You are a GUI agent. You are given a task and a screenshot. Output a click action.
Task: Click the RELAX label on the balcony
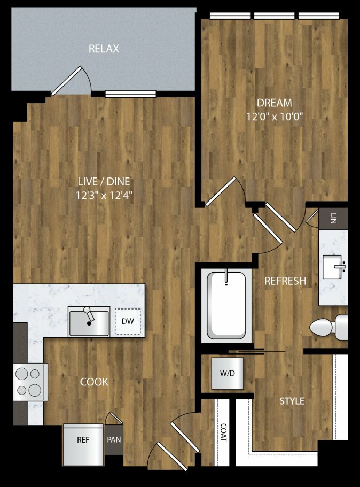(x=104, y=49)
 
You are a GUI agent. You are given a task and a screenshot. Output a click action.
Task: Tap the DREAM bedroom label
(x=275, y=103)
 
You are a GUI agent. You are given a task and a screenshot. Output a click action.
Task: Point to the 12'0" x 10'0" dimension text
(x=275, y=117)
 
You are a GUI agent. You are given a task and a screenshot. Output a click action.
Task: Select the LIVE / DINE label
(x=104, y=181)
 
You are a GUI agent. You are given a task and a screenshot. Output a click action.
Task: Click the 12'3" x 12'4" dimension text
(x=104, y=195)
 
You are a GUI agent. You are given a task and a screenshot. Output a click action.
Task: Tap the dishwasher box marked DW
(x=128, y=321)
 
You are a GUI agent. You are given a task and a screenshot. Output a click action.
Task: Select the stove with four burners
(x=30, y=382)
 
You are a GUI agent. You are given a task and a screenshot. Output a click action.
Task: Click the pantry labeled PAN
(x=114, y=440)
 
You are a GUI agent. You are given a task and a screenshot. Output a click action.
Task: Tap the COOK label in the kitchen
(x=94, y=382)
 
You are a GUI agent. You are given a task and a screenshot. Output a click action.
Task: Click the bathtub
(x=226, y=306)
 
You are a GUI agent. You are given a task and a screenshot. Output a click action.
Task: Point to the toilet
(x=328, y=327)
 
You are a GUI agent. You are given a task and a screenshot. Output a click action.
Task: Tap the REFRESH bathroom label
(x=285, y=281)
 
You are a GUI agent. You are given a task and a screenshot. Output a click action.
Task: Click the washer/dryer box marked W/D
(x=228, y=373)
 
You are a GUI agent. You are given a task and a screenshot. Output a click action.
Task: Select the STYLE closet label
(x=292, y=401)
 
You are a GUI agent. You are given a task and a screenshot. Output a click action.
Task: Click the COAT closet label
(x=223, y=432)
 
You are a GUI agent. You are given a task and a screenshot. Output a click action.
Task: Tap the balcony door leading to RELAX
(x=66, y=81)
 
